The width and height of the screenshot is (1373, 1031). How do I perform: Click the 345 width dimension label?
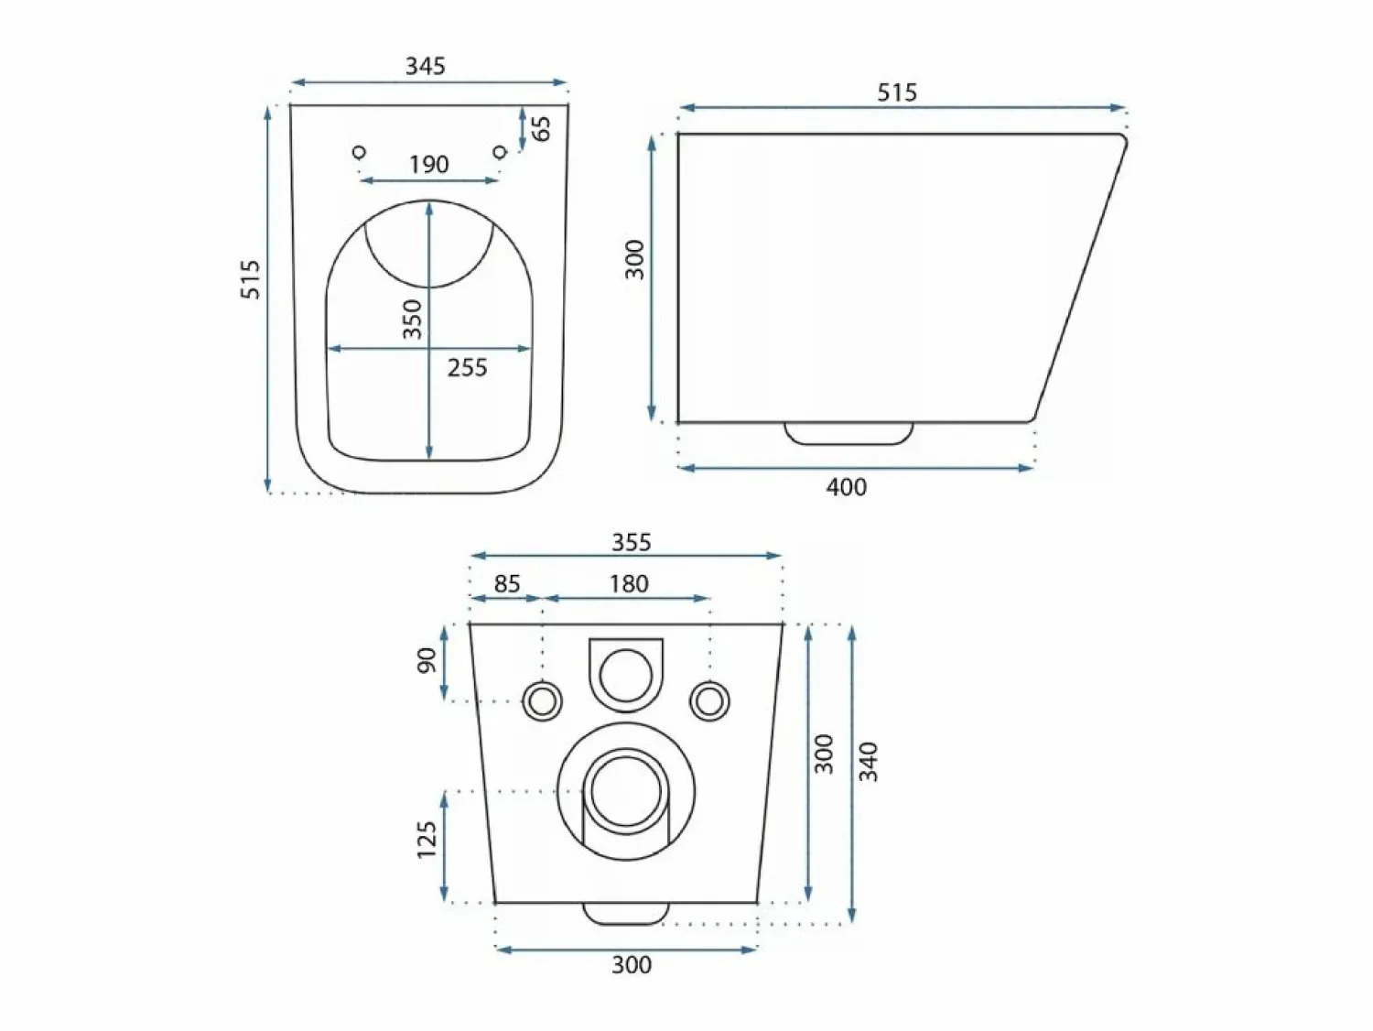[426, 66]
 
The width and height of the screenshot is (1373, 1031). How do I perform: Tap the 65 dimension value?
[542, 129]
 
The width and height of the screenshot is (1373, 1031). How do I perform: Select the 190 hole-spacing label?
[429, 165]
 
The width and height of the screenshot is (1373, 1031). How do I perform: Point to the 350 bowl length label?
[412, 319]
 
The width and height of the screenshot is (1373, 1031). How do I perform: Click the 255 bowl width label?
[467, 368]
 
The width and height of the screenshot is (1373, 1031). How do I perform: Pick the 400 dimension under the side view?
[847, 487]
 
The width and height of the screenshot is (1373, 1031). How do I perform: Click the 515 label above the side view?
[897, 92]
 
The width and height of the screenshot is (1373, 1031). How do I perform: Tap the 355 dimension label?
[632, 542]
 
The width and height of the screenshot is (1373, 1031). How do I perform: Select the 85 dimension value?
[507, 583]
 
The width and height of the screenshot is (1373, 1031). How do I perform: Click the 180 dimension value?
[629, 583]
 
